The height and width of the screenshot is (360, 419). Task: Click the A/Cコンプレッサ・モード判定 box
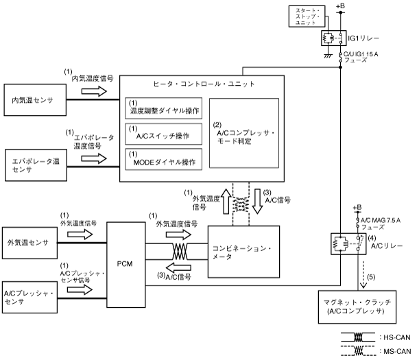point(244,133)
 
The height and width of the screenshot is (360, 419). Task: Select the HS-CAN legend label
point(402,337)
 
